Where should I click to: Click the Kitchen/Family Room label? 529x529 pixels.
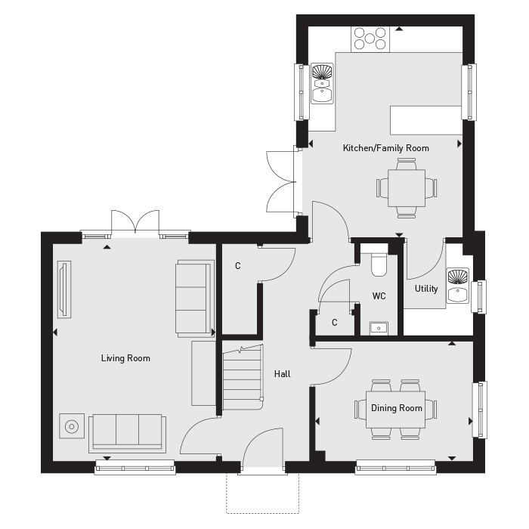(385, 148)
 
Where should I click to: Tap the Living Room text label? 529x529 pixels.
(125, 358)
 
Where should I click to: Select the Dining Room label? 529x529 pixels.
(396, 409)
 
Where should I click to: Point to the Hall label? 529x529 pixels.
(282, 374)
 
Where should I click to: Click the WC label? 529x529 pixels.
(379, 296)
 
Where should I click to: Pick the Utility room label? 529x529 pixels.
(426, 289)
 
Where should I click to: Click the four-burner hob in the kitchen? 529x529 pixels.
(370, 38)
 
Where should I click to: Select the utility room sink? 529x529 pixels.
(457, 285)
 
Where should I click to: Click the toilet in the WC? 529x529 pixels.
(379, 264)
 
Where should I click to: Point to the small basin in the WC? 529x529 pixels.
(379, 327)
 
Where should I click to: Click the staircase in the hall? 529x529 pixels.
(242, 378)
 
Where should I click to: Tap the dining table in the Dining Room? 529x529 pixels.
(396, 409)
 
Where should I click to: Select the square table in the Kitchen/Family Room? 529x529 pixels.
(407, 187)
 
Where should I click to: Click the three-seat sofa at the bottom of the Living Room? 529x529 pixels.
(126, 432)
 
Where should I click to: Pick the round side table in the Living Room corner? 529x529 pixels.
(73, 427)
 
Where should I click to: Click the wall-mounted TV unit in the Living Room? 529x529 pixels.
(63, 289)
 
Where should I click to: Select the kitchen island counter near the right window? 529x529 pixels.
(425, 119)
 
